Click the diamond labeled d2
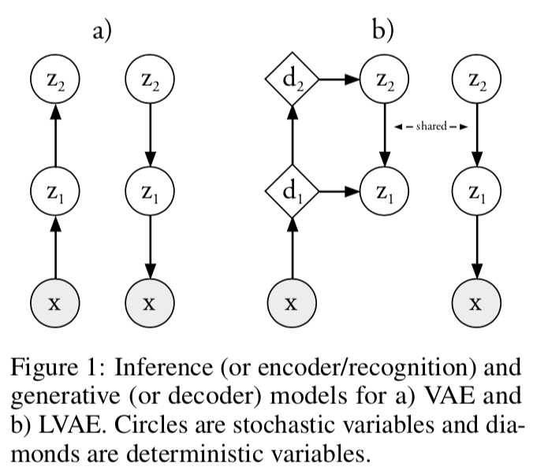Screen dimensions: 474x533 pos(292,80)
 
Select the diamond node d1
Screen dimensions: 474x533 pos(292,191)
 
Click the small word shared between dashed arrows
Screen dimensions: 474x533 pos(430,126)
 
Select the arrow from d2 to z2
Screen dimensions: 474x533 pos(338,80)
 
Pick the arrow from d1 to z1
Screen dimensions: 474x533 pos(338,191)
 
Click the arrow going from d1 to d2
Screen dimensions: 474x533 pos(292,135)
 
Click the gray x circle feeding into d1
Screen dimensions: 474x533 pos(292,302)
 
